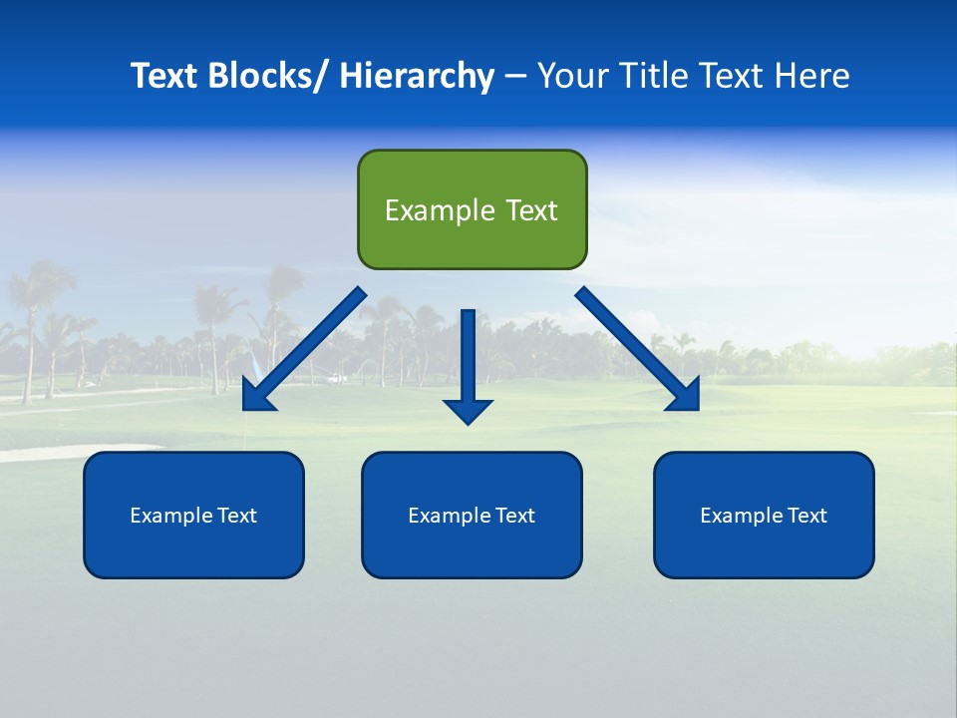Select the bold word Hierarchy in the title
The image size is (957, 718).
point(417,76)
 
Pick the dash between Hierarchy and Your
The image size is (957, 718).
point(515,77)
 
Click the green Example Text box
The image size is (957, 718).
point(472,209)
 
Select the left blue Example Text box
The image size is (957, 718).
point(193,515)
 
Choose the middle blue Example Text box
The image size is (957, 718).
point(472,515)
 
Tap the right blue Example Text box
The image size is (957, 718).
point(764,515)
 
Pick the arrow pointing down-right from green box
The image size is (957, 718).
point(638,349)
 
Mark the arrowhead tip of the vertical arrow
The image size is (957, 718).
point(469,423)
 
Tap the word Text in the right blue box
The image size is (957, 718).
point(806,516)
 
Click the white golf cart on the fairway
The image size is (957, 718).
point(337,378)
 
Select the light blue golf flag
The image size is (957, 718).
point(253,365)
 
